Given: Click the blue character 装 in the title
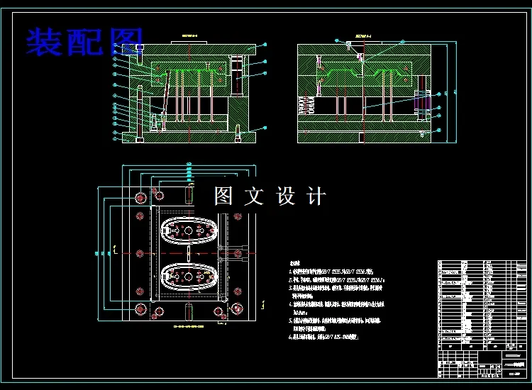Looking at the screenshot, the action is coord(43,41).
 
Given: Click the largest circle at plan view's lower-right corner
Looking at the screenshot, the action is coord(237,308).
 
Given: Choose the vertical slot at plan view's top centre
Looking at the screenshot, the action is coord(189,192).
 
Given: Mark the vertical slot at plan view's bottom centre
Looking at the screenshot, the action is coord(189,311).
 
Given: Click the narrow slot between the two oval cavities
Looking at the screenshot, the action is coord(188,253).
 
